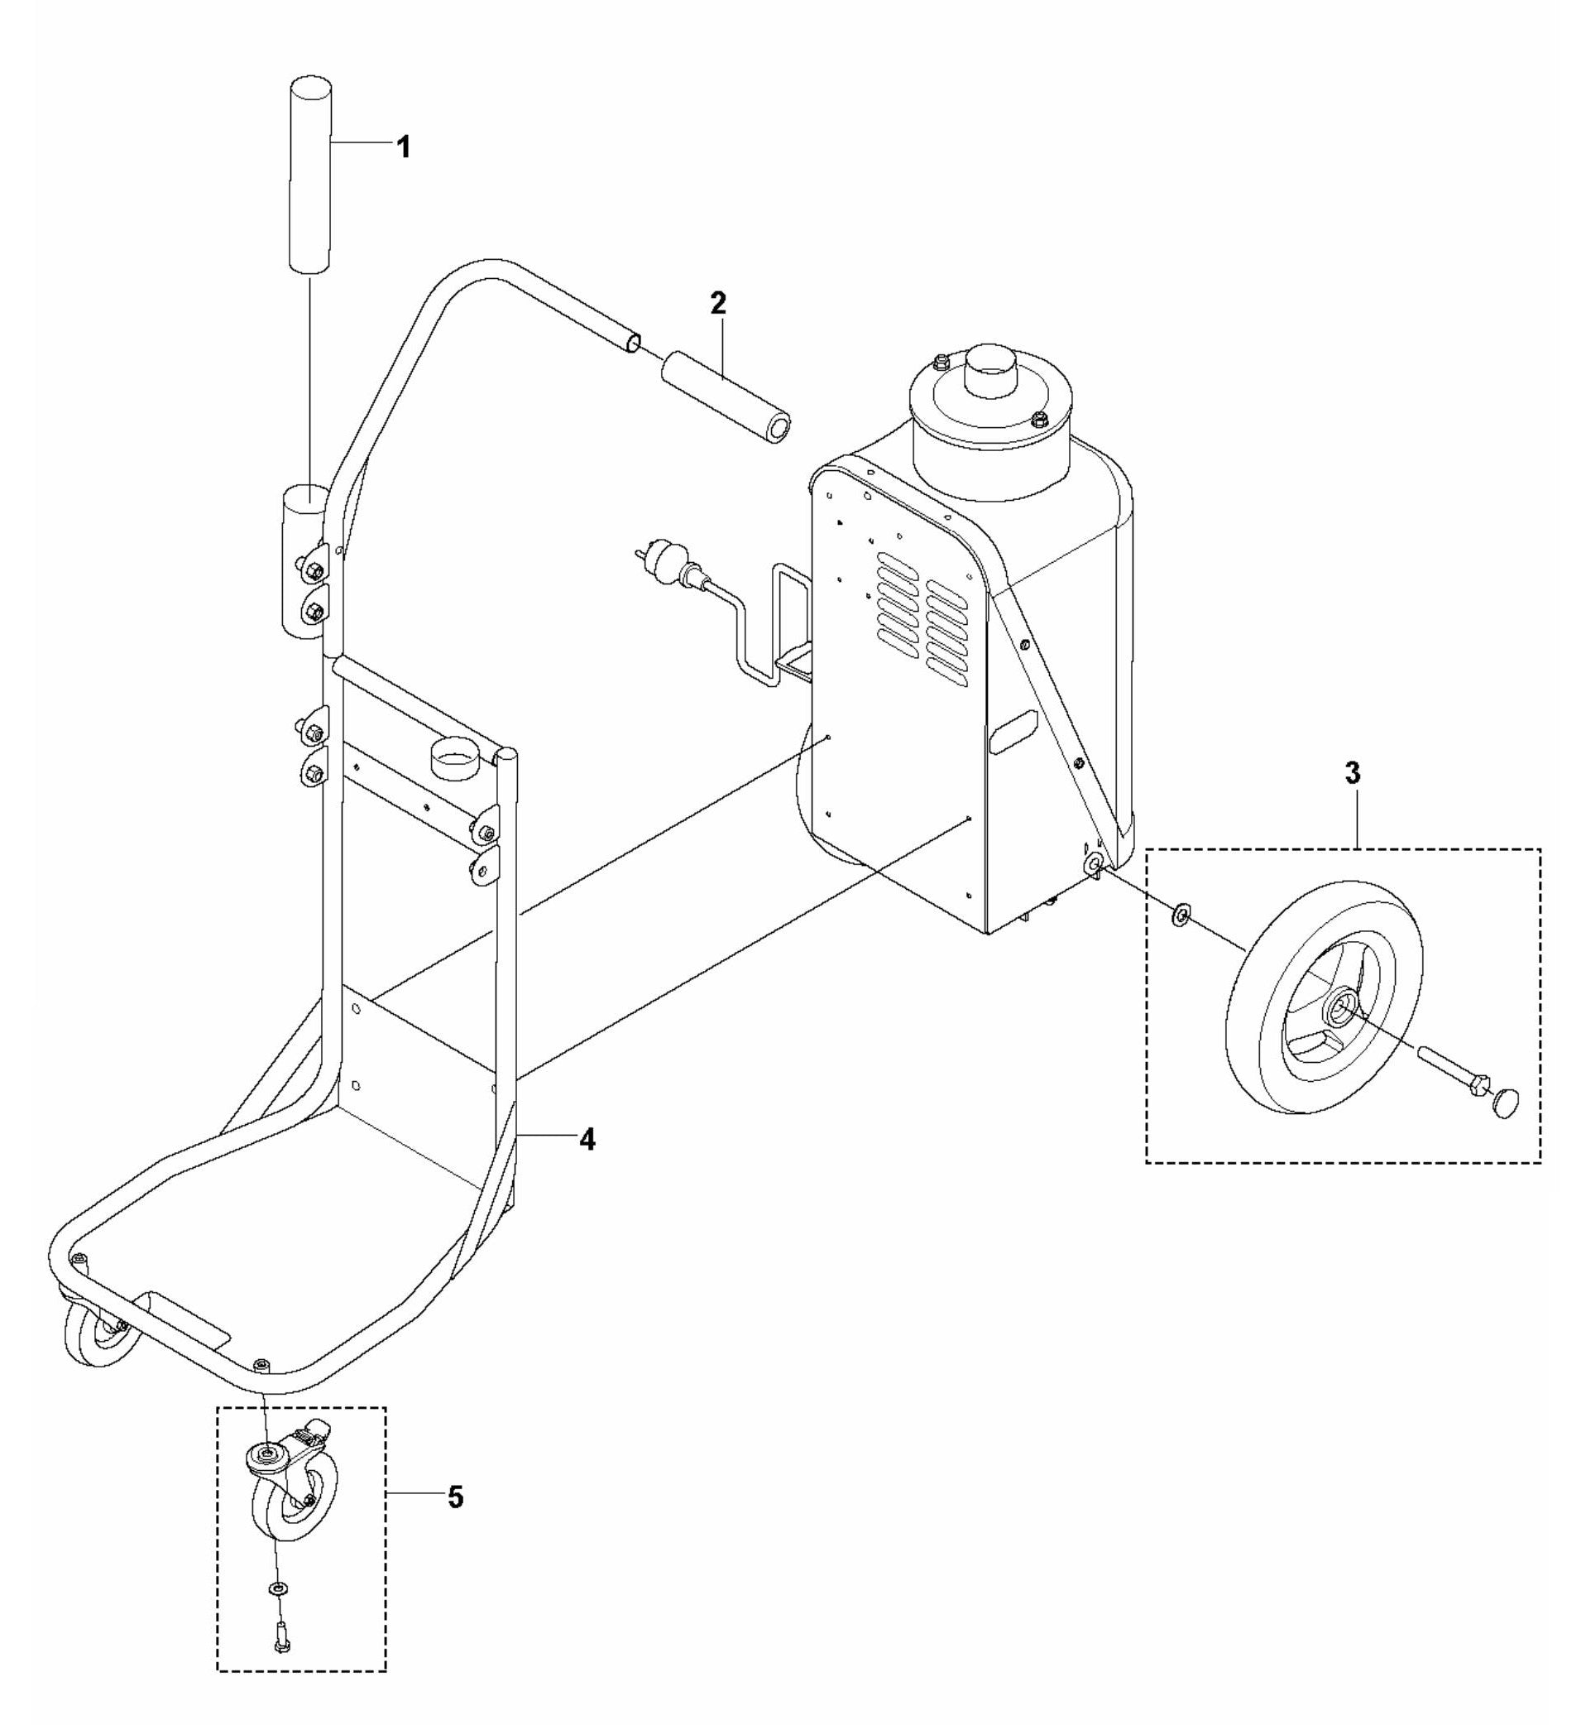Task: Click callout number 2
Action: coord(717,302)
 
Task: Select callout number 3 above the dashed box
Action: coord(1352,773)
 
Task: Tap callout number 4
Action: coord(587,1140)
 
